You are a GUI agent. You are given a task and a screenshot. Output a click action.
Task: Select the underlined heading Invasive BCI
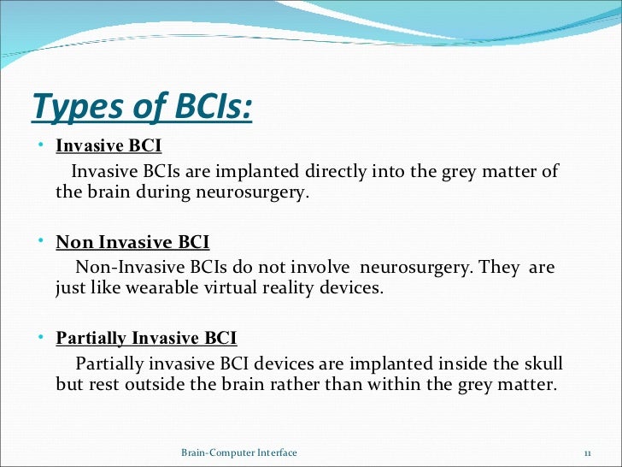[x=109, y=146]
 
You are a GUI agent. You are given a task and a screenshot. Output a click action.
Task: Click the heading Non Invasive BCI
[x=132, y=242]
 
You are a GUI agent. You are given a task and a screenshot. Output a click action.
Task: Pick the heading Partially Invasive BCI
[x=146, y=338]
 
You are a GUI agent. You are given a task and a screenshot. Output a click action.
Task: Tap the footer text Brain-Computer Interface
[x=239, y=452]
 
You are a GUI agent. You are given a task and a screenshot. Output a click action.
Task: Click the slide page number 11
[x=588, y=452]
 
